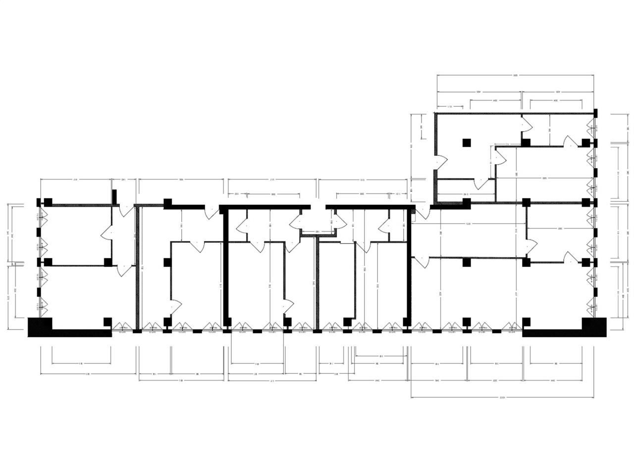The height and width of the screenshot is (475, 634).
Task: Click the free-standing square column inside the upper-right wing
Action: click(x=466, y=143)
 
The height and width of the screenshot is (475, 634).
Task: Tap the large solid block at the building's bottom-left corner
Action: click(x=40, y=327)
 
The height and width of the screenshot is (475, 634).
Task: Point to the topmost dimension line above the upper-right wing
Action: click(x=515, y=76)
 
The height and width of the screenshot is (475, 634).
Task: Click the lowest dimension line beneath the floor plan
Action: click(x=502, y=397)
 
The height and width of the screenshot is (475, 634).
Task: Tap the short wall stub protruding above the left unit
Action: click(x=114, y=196)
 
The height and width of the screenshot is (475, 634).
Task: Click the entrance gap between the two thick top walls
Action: click(x=318, y=207)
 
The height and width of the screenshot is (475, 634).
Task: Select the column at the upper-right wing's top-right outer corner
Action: click(x=596, y=113)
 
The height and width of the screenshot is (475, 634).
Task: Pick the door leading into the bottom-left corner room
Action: click(x=124, y=270)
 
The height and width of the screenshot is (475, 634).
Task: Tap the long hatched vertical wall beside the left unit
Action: click(x=137, y=267)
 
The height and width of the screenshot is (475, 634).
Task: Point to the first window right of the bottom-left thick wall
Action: click(x=122, y=327)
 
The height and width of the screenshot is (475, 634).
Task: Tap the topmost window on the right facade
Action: click(x=591, y=129)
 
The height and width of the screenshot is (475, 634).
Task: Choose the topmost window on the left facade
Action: click(x=42, y=217)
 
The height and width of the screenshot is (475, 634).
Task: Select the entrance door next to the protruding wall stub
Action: click(x=127, y=210)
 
